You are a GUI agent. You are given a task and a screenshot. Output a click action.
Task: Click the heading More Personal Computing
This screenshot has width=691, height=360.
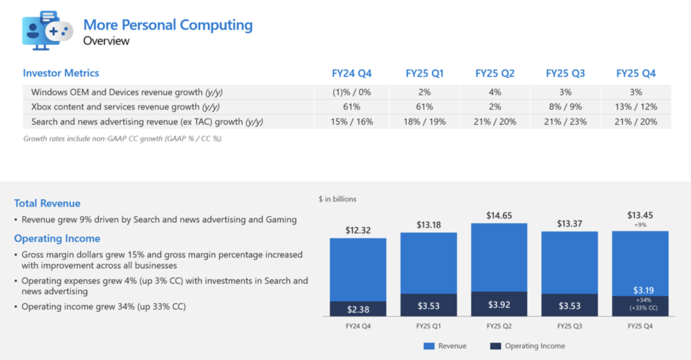(168, 25)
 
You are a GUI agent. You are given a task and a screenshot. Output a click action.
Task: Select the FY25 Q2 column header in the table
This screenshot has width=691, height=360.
(495, 74)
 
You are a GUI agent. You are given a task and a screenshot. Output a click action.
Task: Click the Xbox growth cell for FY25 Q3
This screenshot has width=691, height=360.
(565, 107)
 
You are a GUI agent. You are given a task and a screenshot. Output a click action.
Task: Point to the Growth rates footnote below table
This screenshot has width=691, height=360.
(123, 138)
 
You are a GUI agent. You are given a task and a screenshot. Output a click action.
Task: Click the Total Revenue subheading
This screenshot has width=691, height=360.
(47, 203)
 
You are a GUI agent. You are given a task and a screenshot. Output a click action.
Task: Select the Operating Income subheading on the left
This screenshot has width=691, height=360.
(57, 239)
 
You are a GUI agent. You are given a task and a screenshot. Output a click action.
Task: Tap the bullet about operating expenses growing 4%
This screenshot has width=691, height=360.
(164, 286)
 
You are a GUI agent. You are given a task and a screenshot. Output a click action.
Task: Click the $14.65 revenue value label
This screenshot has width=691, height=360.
(499, 216)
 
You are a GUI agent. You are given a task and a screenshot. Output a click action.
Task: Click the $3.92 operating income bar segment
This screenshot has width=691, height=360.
(499, 304)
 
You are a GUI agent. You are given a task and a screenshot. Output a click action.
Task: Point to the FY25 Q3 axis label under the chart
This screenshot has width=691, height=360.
(569, 326)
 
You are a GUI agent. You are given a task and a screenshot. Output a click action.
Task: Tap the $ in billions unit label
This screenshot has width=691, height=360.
(337, 199)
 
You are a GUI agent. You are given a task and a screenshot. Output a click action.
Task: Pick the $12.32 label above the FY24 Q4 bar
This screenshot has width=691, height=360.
(358, 230)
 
